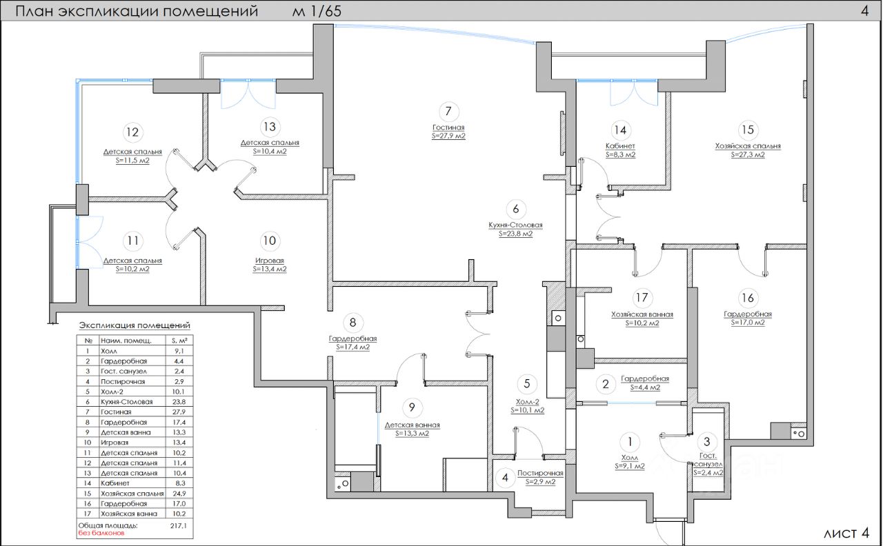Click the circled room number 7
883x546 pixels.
[448, 111]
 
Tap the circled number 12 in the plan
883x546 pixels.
[132, 132]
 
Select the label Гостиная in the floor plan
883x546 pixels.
[448, 128]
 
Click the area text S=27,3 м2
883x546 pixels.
[748, 155]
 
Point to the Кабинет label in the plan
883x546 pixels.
[620, 146]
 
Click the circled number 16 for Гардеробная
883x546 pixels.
[747, 298]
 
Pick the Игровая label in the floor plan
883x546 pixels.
[269, 261]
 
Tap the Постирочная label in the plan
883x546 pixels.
[540, 473]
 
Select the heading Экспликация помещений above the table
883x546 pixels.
[135, 325]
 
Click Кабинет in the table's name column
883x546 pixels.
[115, 484]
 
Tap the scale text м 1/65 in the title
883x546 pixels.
[317, 11]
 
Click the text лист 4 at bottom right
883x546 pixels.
[846, 533]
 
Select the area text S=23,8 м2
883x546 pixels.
[516, 234]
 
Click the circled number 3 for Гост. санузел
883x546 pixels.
[706, 442]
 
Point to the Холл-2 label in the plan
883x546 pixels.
[527, 402]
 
